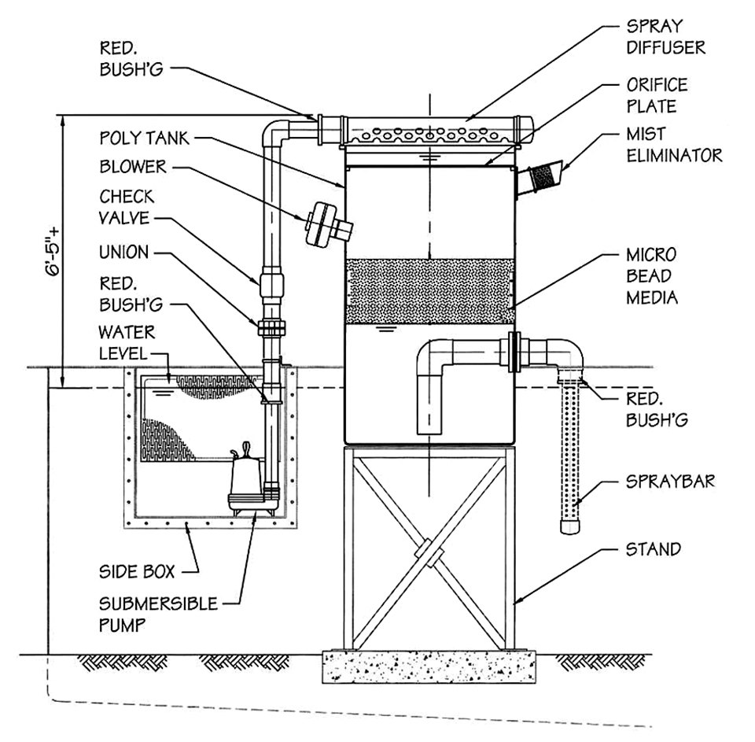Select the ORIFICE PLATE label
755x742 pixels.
(x=656, y=94)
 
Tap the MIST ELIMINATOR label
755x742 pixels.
(x=673, y=145)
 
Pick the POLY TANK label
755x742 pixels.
(x=144, y=138)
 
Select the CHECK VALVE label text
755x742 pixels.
(x=127, y=207)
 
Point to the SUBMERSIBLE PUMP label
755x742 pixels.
(x=158, y=615)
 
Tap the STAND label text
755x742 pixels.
(x=653, y=548)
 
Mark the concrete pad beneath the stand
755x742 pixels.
(x=429, y=666)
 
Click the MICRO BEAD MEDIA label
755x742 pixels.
(x=650, y=276)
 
